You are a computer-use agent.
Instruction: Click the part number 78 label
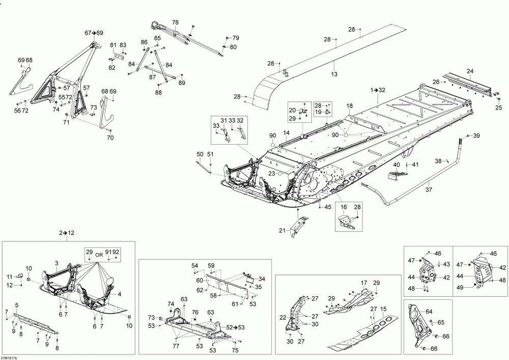(x=175, y=22)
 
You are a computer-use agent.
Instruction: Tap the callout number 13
(x=334, y=74)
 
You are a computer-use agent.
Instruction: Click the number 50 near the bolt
(x=200, y=154)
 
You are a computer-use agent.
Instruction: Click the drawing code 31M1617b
(x=10, y=356)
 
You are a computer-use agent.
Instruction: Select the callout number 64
(x=429, y=312)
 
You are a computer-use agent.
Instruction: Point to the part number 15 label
(x=384, y=309)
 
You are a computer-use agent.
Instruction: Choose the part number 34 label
(x=262, y=279)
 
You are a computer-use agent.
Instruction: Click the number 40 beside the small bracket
(x=396, y=164)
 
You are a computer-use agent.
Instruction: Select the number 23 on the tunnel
(x=272, y=174)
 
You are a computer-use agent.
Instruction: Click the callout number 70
(x=110, y=137)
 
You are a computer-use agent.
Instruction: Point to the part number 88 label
(x=159, y=92)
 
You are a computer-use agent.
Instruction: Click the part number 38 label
(x=438, y=161)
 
